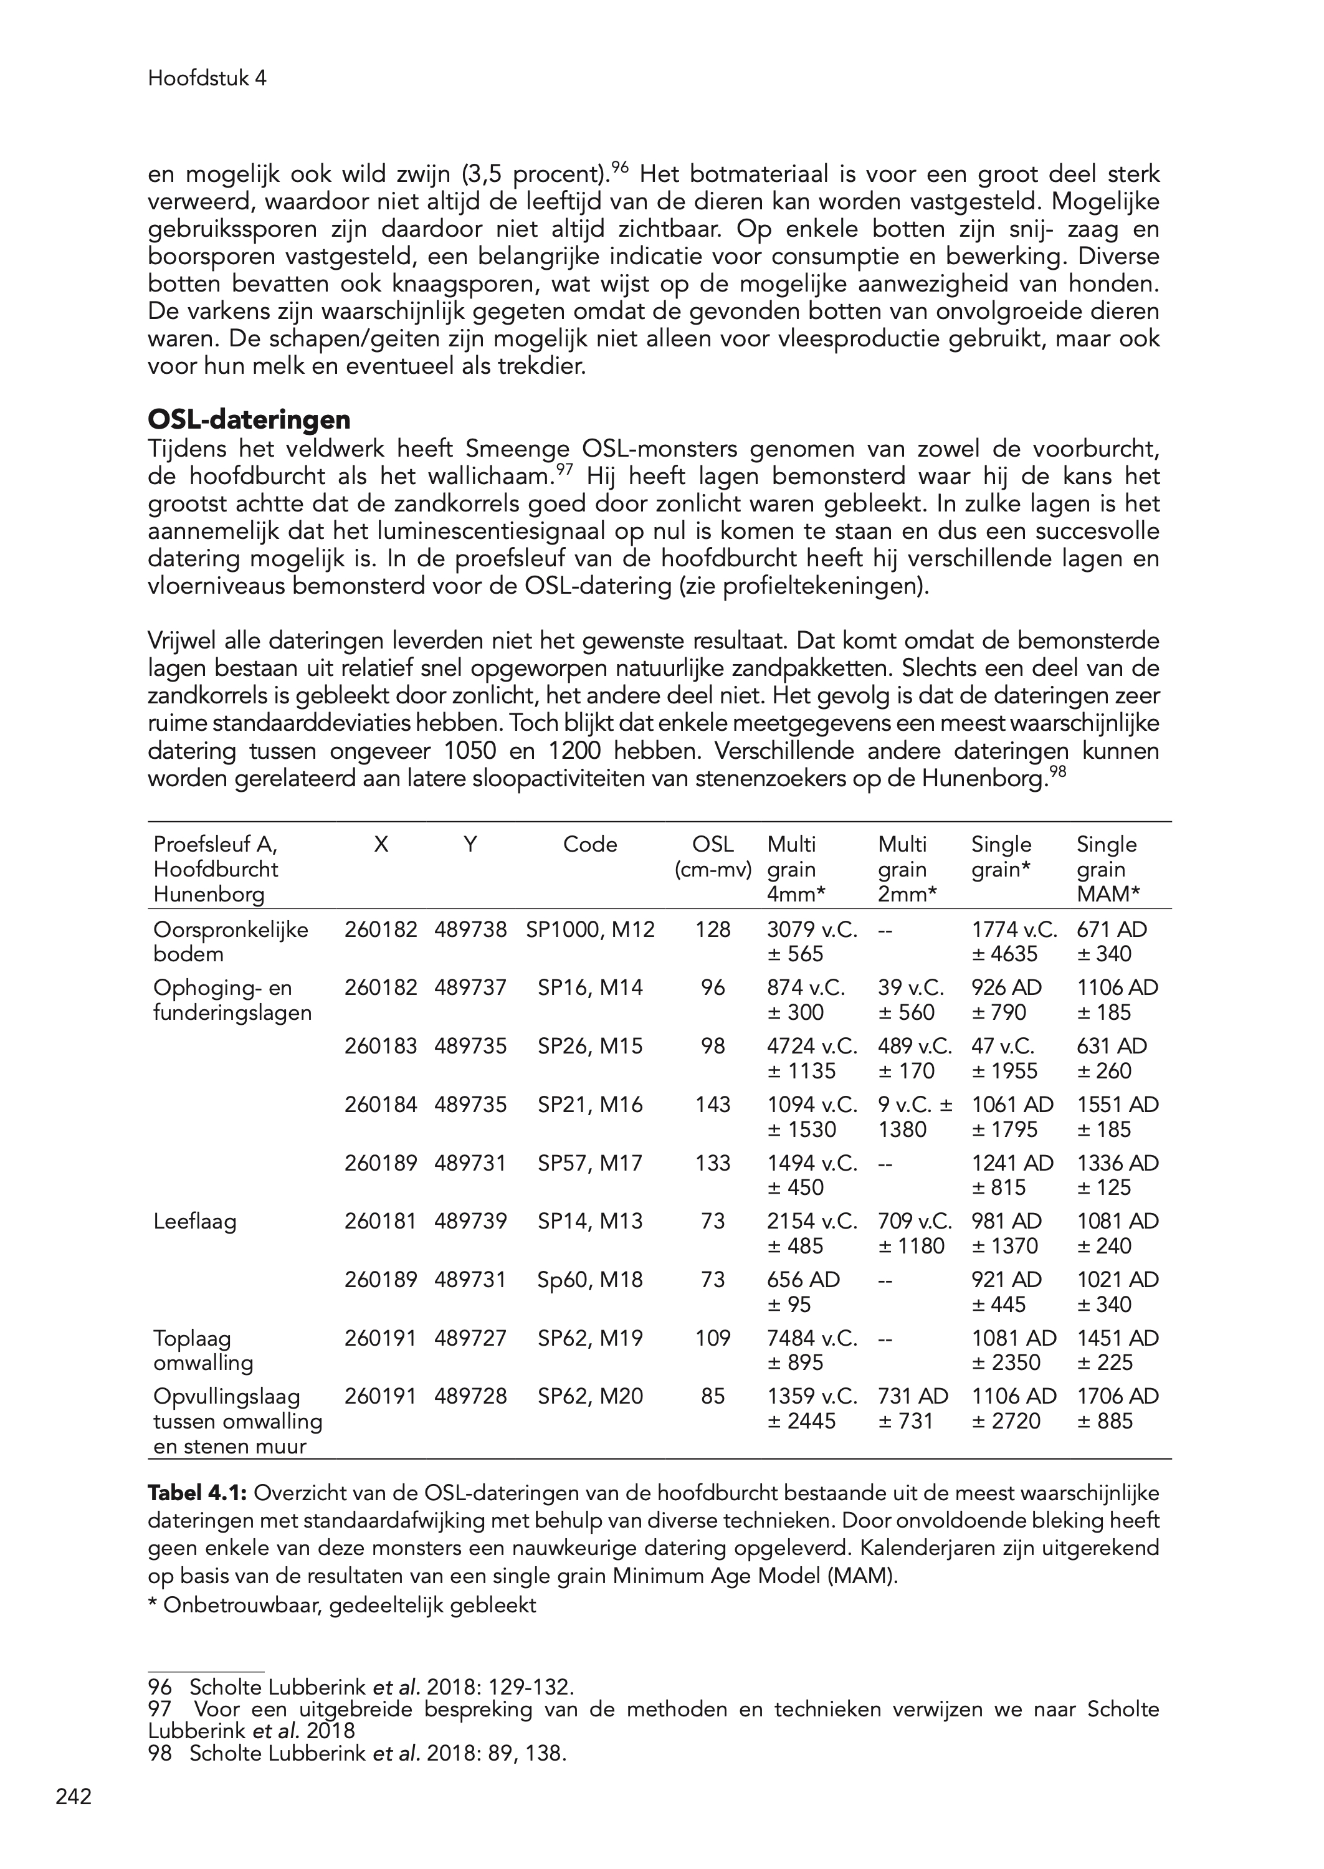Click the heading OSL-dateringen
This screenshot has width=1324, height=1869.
[x=249, y=420]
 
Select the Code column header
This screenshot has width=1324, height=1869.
[x=589, y=844]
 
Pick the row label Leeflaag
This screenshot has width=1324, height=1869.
[x=195, y=1222]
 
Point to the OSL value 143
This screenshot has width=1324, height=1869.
[x=713, y=1105]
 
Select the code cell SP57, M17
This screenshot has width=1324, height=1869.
[x=589, y=1163]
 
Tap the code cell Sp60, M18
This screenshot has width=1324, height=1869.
[x=589, y=1280]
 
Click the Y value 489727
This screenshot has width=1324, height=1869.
[x=470, y=1338]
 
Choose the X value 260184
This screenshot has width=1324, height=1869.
[x=381, y=1105]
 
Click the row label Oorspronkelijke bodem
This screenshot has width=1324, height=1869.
[x=231, y=941]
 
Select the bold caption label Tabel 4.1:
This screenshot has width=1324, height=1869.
[x=198, y=1494]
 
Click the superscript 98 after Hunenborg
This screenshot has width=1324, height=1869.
[x=1057, y=770]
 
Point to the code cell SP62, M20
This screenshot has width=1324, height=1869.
[x=589, y=1396]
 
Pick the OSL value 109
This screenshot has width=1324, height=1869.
[x=713, y=1338]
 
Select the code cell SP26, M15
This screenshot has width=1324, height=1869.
[x=589, y=1046]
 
